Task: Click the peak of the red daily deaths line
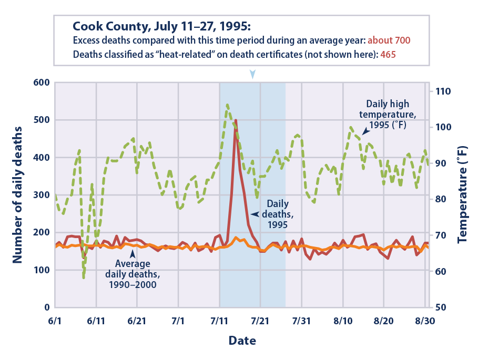coord(236,120)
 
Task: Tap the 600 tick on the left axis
coord(41,83)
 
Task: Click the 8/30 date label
coord(425,320)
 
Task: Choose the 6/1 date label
coord(55,320)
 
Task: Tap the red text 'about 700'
coord(389,40)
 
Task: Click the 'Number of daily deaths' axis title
coord(17,195)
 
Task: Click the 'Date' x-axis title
coord(242,341)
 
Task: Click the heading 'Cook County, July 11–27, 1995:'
coord(162,26)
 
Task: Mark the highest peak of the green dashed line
coord(227,105)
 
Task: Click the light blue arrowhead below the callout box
coord(253,74)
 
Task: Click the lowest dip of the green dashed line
coord(84,277)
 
